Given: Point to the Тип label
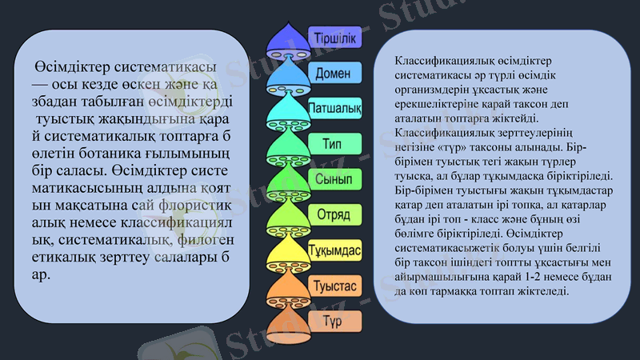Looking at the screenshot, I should (x=332, y=144).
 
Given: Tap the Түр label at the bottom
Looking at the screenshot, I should (x=332, y=322).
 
